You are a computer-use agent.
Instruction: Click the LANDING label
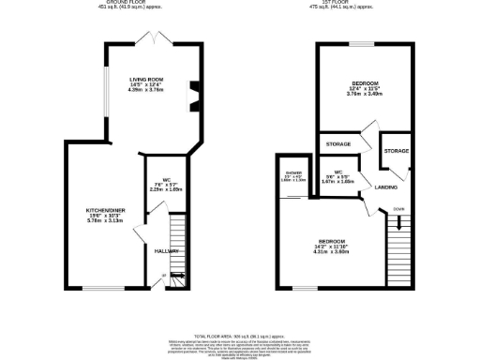pyautogui.click(x=384, y=187)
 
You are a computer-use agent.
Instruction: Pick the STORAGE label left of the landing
pyautogui.click(x=337, y=144)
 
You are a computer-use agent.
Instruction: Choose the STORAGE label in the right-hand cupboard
pyautogui.click(x=396, y=150)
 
